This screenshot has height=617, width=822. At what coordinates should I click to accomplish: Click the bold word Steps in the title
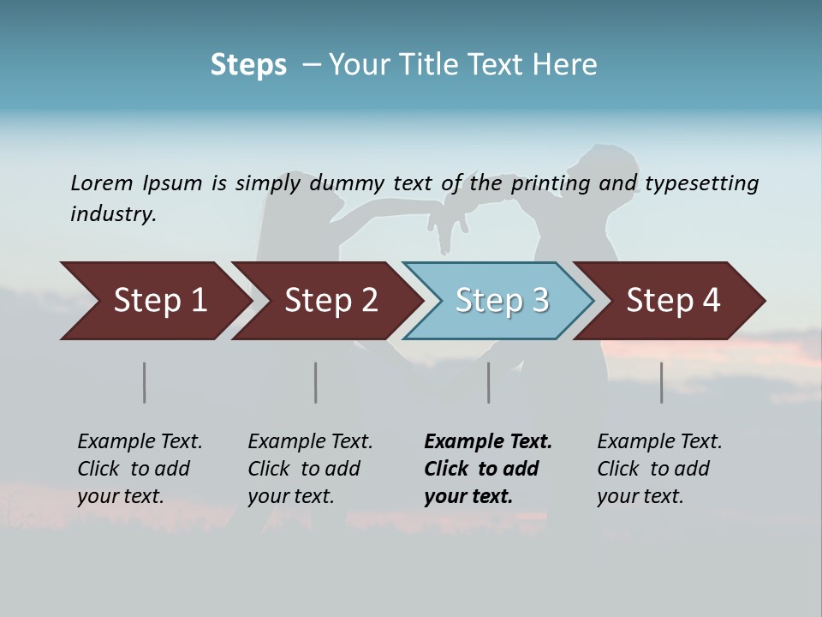(248, 65)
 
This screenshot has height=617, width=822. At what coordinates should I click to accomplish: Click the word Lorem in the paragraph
(101, 183)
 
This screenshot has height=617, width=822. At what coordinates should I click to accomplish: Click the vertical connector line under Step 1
(145, 382)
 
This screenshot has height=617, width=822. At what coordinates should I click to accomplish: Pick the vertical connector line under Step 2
(316, 382)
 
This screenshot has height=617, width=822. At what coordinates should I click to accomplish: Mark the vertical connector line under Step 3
(489, 382)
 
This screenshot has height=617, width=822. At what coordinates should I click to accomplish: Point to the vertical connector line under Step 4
(662, 382)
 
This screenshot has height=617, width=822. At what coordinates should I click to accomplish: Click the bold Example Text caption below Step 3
(487, 469)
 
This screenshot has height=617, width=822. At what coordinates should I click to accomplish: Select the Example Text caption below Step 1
(140, 469)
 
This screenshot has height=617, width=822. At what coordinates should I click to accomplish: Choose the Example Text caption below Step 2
(310, 469)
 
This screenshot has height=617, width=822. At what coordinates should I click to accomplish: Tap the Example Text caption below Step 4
(659, 469)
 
